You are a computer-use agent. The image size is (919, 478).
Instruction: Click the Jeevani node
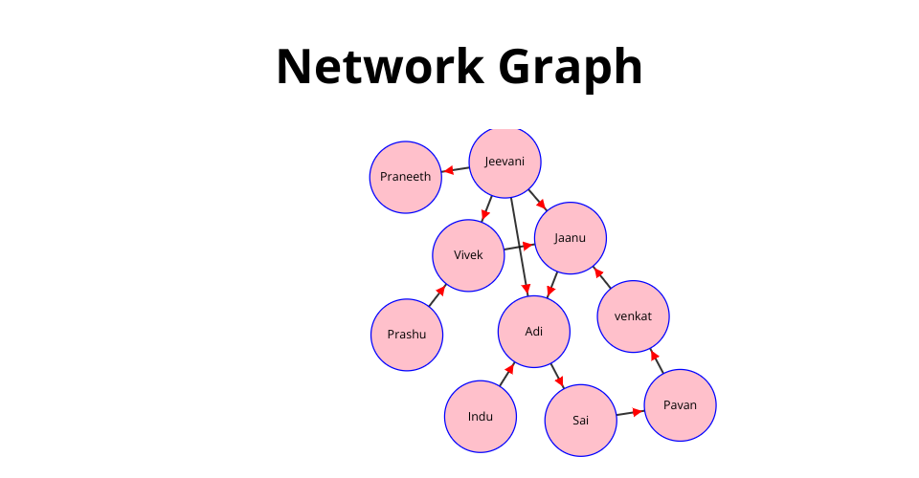click(504, 162)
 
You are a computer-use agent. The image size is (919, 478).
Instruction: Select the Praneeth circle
click(405, 177)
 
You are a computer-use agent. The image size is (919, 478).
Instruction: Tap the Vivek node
click(468, 255)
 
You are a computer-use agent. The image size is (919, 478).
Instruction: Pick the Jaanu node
click(570, 238)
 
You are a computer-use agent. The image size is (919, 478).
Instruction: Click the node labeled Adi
click(533, 332)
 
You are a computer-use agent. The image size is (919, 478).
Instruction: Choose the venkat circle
click(632, 316)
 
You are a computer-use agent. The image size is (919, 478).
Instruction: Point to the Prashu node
click(407, 335)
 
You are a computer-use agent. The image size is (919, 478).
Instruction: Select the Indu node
click(480, 417)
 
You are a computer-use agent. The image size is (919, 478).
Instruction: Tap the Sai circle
click(580, 421)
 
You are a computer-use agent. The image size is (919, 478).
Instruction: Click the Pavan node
click(680, 405)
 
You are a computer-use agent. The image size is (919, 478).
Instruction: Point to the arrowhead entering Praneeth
click(447, 172)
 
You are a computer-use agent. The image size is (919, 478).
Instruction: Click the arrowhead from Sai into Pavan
click(639, 412)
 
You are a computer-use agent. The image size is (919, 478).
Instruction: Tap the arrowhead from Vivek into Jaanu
click(527, 246)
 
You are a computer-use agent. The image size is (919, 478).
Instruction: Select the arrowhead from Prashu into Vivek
click(441, 291)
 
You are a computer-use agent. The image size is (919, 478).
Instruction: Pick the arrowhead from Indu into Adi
click(510, 368)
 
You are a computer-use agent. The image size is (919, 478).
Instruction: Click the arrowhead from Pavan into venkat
click(654, 355)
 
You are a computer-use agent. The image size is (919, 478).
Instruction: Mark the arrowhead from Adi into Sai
click(560, 381)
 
